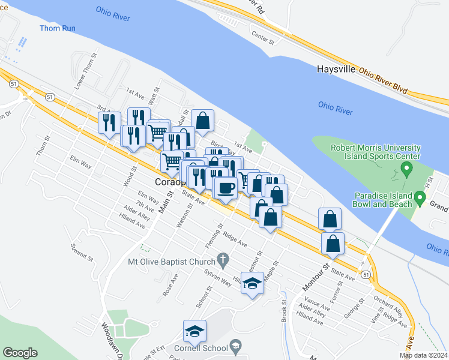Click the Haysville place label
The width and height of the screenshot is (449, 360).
pos(336,70)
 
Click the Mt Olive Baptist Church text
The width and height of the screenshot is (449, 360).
pos(172,262)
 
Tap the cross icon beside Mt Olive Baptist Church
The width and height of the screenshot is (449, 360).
pos(223,260)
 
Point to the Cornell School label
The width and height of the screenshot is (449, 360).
pos(202,348)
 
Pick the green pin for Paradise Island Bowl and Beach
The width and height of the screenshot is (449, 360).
pos(420,197)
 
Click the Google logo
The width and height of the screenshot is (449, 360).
pos(20,353)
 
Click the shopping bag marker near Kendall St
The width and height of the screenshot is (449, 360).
pos(203,120)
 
